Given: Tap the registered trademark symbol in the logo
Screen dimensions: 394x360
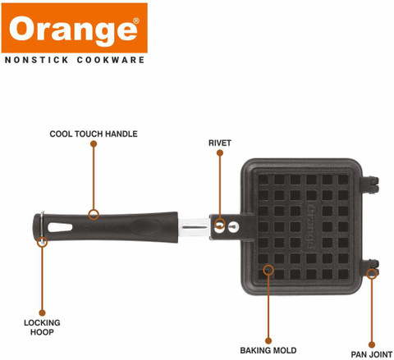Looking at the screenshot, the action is click(136, 21).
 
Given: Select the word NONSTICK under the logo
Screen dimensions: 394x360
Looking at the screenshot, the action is click(37, 60).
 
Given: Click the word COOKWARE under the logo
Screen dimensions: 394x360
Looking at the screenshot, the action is click(111, 60).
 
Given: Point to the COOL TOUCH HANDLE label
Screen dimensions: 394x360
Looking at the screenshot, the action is click(94, 134).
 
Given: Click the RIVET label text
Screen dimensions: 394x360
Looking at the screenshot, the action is click(220, 143).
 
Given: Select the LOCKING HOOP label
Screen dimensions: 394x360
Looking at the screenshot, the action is click(42, 327).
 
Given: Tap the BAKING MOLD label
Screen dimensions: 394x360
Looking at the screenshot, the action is click(268, 350).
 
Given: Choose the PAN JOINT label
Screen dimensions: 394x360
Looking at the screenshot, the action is click(372, 354).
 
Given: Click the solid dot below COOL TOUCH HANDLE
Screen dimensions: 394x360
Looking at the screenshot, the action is click(94, 144).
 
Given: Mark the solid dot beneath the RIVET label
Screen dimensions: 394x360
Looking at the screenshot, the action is click(220, 153).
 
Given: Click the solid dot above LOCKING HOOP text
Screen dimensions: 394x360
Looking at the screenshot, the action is click(42, 312).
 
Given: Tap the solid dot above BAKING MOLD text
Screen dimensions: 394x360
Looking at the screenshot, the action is click(268, 340).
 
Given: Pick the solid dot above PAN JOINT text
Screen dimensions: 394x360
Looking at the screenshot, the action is click(372, 344).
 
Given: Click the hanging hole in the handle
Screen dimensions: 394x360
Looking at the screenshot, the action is click(60, 227).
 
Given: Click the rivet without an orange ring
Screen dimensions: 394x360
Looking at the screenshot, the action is click(234, 226).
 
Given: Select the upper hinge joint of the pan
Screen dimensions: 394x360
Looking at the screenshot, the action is click(370, 185).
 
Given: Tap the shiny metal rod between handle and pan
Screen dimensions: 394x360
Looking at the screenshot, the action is click(194, 227).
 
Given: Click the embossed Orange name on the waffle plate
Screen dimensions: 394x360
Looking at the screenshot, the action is click(311, 227).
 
